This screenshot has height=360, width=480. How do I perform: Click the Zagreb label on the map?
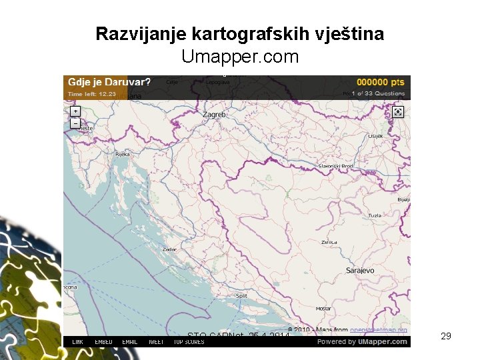tap(215, 115)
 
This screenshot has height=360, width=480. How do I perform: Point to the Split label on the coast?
tap(241, 295)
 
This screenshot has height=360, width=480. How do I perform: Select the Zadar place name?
tap(169, 249)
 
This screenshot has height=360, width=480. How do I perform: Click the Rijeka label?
tap(123, 154)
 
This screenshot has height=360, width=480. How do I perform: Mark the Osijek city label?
tap(375, 136)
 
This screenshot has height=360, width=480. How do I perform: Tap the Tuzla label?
tap(375, 215)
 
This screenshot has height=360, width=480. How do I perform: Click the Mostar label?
tap(323, 309)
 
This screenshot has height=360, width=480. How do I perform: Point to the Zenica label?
tap(329, 242)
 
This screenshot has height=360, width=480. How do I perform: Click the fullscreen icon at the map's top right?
tap(398, 111)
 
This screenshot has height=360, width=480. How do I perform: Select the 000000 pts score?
tap(381, 82)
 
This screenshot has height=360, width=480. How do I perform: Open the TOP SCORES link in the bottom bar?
tap(189, 342)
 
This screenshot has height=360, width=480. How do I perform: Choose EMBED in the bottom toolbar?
tap(103, 342)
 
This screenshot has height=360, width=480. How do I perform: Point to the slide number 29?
tap(446, 337)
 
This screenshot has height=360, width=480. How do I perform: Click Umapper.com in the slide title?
tap(240, 57)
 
